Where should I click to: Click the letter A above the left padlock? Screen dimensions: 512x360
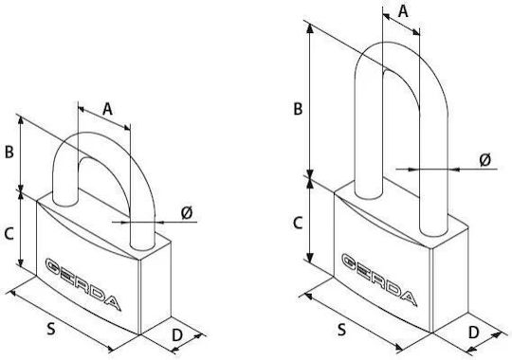point(107,109)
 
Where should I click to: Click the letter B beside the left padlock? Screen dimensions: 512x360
point(9,152)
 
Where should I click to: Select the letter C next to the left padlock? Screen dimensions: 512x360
point(9,234)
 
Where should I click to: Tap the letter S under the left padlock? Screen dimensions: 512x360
point(51,329)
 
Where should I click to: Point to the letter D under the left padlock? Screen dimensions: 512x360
point(177,334)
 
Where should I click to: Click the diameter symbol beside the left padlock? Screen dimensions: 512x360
point(187,213)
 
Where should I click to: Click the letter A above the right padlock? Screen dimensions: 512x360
point(404,11)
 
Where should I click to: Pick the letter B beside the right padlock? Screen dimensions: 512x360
point(298,109)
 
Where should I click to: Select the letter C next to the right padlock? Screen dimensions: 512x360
point(298,224)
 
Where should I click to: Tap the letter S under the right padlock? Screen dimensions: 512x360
point(341,330)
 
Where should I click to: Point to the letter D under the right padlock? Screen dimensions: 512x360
point(473,333)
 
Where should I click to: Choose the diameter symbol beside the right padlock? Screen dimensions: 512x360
point(485,160)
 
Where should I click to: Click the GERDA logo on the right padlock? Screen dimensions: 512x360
point(379,280)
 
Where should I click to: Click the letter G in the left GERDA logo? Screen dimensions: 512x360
point(56,266)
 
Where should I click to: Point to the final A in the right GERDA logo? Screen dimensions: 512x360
point(408,297)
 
